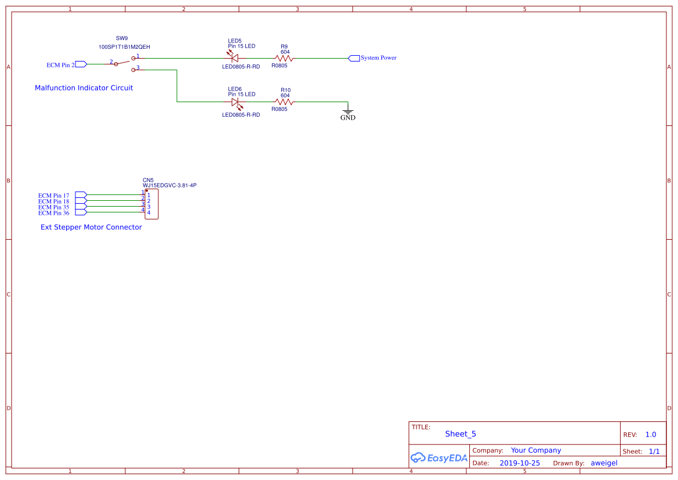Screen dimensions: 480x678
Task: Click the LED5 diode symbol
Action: tap(235, 58)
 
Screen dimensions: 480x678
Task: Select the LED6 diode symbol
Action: tap(235, 102)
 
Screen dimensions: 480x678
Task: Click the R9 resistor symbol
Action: tap(284, 58)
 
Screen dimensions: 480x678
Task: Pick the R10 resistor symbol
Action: tap(284, 102)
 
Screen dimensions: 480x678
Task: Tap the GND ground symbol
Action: tap(348, 112)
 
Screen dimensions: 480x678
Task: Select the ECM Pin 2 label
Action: tap(60, 65)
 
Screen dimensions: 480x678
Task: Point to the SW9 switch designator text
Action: tap(122, 38)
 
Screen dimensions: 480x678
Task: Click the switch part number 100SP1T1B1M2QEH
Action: tap(125, 47)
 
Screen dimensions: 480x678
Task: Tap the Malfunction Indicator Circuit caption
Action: tap(84, 88)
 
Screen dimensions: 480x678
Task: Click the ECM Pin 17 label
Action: tap(53, 196)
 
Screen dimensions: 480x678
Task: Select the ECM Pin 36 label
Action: tap(53, 213)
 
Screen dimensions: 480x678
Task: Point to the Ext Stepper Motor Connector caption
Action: tap(91, 228)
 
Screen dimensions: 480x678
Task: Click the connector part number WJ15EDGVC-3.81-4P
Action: tap(169, 186)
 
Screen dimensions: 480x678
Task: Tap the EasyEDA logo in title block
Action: tap(438, 458)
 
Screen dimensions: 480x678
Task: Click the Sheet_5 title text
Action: tap(461, 434)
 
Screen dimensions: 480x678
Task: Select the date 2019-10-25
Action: tap(520, 463)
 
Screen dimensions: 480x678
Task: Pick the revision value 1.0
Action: tap(651, 435)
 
